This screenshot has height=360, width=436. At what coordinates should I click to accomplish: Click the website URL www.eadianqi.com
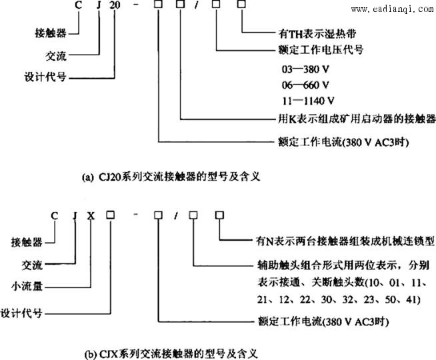tap(392, 9)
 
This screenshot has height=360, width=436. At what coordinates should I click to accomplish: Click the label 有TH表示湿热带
tap(317, 33)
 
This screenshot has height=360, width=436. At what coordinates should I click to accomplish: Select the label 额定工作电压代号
tap(321, 50)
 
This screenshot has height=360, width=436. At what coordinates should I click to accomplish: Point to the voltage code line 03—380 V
tap(305, 69)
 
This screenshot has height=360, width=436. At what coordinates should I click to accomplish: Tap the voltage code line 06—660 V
tap(305, 85)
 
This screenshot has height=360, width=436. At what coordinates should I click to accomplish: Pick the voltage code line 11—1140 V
tap(308, 101)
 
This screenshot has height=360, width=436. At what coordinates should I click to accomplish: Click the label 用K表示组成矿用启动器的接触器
tap(357, 119)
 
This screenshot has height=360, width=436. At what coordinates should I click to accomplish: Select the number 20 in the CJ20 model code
tap(115, 5)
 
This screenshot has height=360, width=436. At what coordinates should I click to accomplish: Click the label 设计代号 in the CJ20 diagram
tap(45, 77)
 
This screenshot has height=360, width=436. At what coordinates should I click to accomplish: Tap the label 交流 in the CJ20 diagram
tap(56, 56)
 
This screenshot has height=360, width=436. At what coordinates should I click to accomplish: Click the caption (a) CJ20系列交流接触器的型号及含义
tap(171, 177)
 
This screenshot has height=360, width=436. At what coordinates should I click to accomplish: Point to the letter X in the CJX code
tap(91, 215)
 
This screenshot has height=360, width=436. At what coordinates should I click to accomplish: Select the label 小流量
tap(27, 286)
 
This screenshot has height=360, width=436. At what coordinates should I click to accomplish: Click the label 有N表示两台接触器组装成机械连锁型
tap(345, 241)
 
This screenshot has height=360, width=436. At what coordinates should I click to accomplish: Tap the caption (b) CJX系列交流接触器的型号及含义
tap(171, 354)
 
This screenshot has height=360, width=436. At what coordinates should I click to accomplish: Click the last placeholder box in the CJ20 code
tap(241, 4)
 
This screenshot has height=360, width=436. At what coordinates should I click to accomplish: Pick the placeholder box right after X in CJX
tap(111, 215)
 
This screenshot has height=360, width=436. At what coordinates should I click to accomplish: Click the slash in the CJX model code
tap(176, 215)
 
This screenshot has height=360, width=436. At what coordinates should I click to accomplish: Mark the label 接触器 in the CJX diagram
tap(27, 242)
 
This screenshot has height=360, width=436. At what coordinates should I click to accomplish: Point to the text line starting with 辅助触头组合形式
tap(343, 265)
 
